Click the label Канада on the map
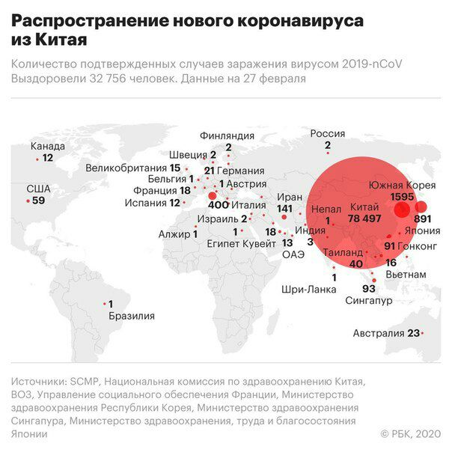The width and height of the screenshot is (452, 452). [49, 146]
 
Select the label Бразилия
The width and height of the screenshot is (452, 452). [131, 316]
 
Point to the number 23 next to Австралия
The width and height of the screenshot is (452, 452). [412, 334]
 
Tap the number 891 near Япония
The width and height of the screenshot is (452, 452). [424, 219]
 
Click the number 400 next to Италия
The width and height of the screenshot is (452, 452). [218, 204]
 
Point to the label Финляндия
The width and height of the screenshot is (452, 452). [227, 135]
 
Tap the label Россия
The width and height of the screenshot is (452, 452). [327, 133]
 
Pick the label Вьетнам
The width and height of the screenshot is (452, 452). [406, 275]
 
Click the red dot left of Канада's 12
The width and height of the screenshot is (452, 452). [37, 159]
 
